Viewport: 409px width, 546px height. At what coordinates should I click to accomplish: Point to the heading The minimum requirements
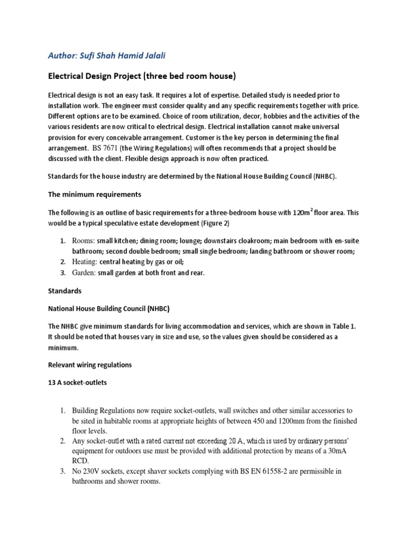pyautogui.click(x=95, y=194)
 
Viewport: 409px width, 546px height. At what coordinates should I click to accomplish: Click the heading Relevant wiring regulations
pyautogui.click(x=89, y=365)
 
